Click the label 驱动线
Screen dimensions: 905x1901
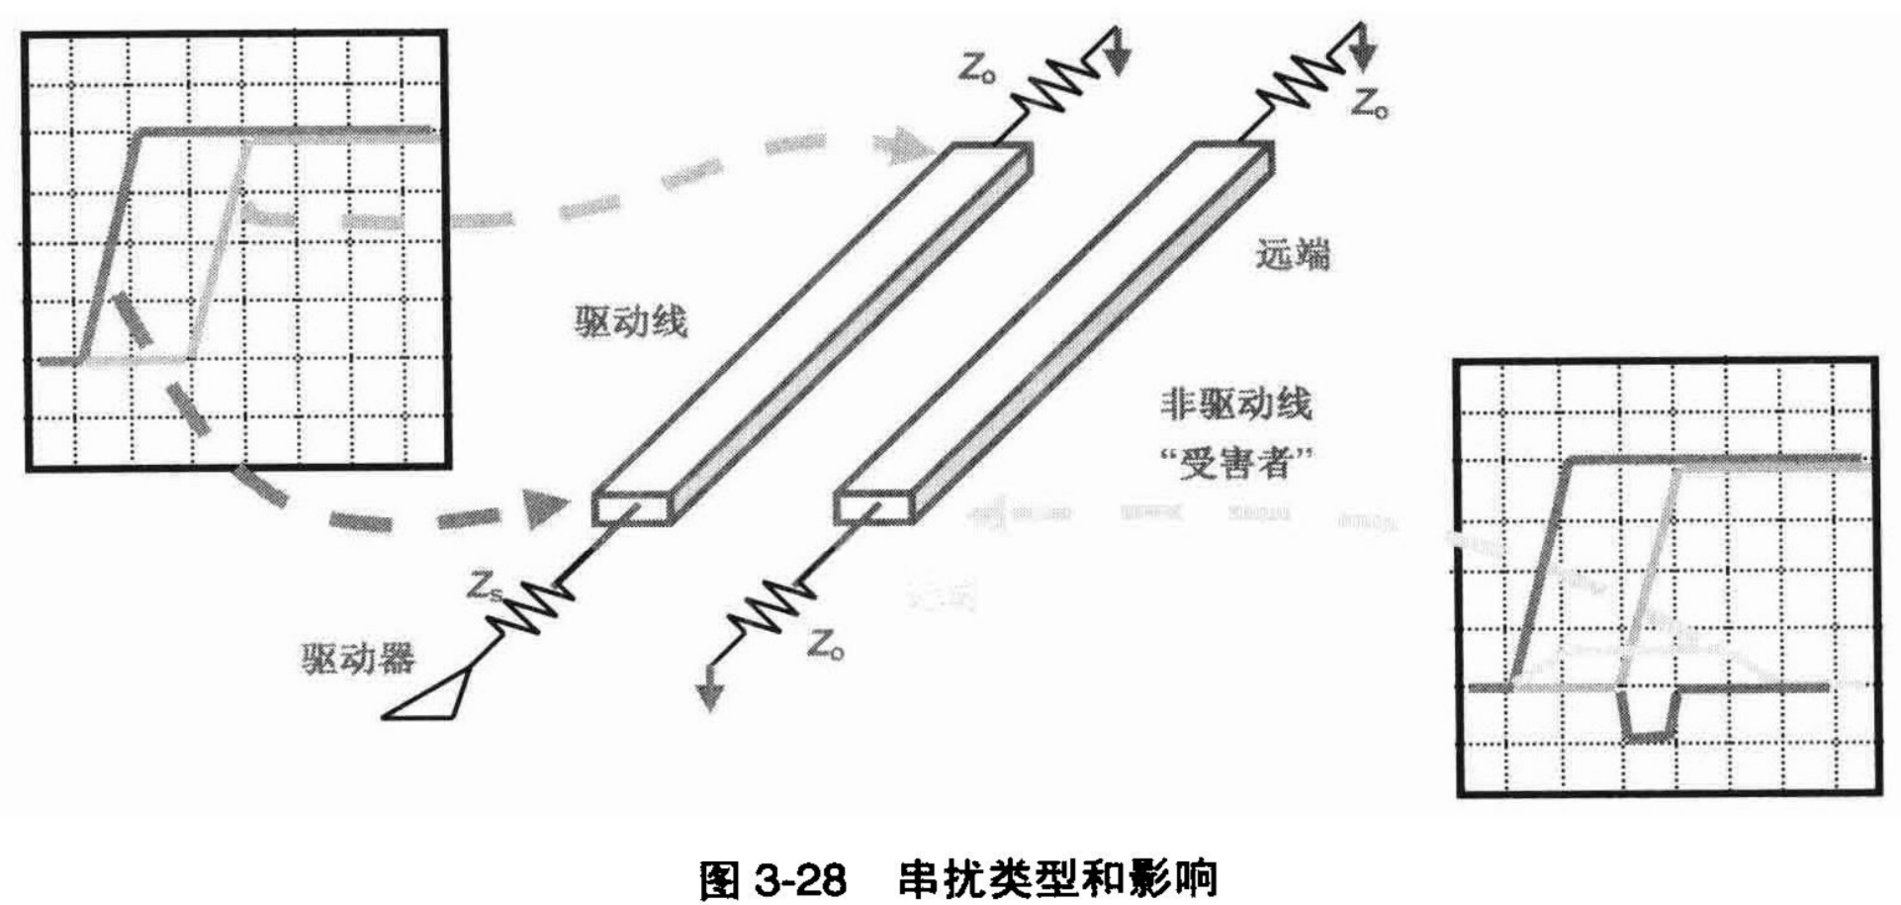(x=631, y=321)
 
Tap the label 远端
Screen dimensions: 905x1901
(x=1293, y=254)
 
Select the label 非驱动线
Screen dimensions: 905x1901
(x=1235, y=404)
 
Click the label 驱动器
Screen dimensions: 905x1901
(x=358, y=659)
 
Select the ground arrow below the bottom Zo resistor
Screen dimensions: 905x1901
(x=708, y=696)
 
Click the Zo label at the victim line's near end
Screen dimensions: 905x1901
(x=825, y=646)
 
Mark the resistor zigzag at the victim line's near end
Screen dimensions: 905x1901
(x=771, y=606)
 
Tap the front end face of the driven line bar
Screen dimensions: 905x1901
(x=631, y=507)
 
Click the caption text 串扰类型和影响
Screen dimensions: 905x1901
(x=1057, y=878)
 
